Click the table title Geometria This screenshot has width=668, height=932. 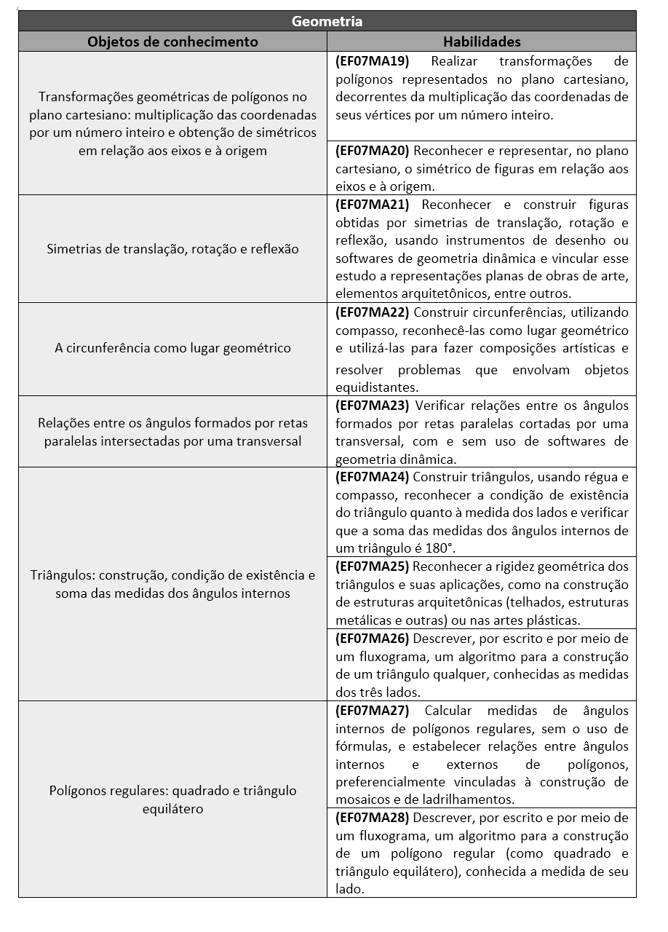coord(327,21)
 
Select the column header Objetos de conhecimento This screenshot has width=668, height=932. coord(172,42)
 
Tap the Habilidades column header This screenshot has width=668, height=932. coord(482,42)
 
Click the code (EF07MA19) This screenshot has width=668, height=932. coord(373,61)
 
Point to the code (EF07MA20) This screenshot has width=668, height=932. coord(373,151)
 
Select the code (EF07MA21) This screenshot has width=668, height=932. coord(373,205)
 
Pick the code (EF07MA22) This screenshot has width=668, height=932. coord(373,312)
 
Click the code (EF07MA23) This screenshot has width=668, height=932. coord(373,406)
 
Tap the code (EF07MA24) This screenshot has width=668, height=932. coord(373,477)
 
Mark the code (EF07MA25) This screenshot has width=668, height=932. coord(373,566)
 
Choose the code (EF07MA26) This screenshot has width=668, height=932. coord(373,639)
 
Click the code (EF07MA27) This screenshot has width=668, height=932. coord(373,711)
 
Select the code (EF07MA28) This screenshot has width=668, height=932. coord(373,818)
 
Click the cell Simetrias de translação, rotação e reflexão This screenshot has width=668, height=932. coord(172,249)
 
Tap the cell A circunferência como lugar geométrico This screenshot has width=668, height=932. coord(172,348)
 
